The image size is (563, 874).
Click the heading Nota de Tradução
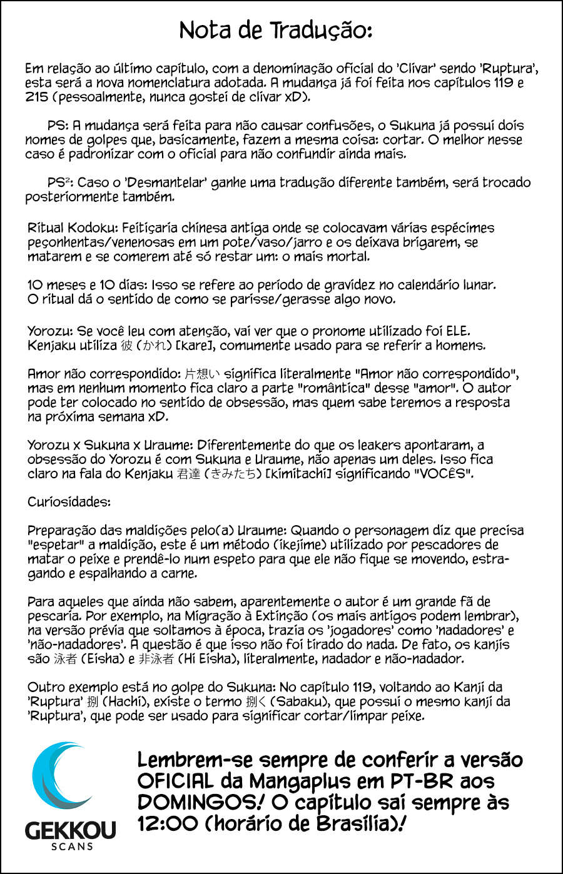coord(275,30)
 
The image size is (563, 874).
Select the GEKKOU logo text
coord(70,830)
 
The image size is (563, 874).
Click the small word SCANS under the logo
coord(71,846)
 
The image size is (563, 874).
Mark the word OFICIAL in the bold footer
coord(175,781)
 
